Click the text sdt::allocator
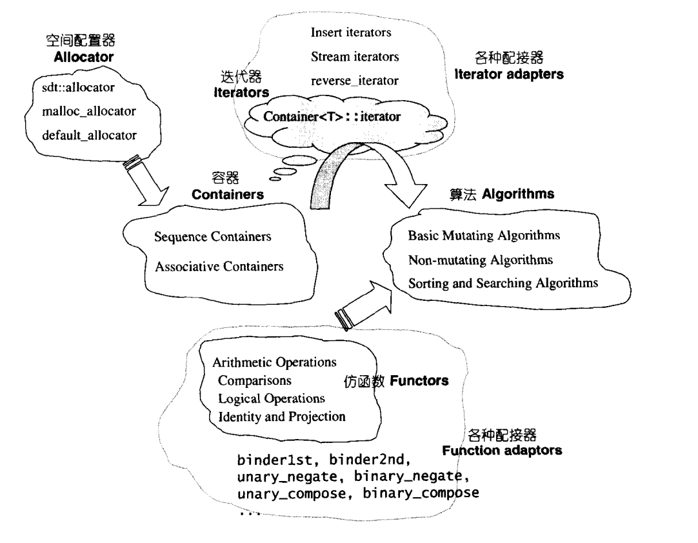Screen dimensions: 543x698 coord(70,87)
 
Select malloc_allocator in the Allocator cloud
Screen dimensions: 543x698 coord(88,111)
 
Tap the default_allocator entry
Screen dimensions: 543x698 coord(88,135)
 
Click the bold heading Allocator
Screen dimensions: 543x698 coord(84,57)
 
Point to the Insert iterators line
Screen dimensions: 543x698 coord(351,32)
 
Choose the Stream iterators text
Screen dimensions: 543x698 coord(355,57)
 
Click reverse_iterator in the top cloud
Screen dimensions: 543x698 coord(354,81)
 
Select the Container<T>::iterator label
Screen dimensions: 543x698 coord(332,117)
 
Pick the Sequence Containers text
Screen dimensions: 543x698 coord(213,237)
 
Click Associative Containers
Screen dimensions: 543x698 coord(219,265)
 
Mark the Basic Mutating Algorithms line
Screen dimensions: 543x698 coord(484,236)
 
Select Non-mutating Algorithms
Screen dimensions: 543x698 coord(481,260)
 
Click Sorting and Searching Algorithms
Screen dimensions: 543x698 coord(503,283)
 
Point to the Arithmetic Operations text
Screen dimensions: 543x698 coord(275,362)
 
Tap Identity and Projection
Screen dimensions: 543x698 coord(281,416)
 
